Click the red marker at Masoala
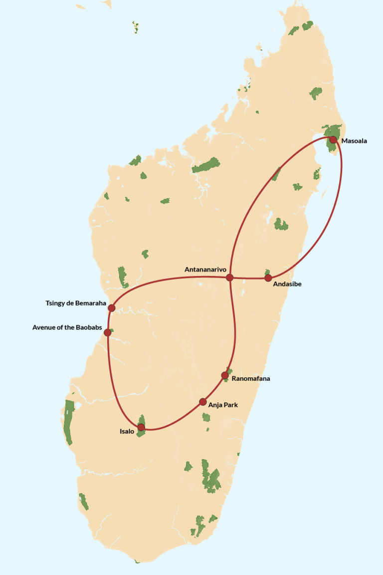pos(333,140)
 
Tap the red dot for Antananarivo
pos(229,277)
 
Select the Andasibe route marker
pos(268,278)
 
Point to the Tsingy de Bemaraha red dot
pos(112,308)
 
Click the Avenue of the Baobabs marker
pos(107,332)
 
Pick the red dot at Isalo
pos(141,427)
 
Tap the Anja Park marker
pos(202,402)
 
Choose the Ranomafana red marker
pos(225,375)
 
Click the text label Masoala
pos(354,141)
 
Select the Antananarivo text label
pos(205,270)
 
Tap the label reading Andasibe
pos(288,284)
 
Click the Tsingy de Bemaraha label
pos(76,303)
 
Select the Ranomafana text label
pos(251,379)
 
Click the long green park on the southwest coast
pos(68,422)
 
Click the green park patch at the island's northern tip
pos(307,25)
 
